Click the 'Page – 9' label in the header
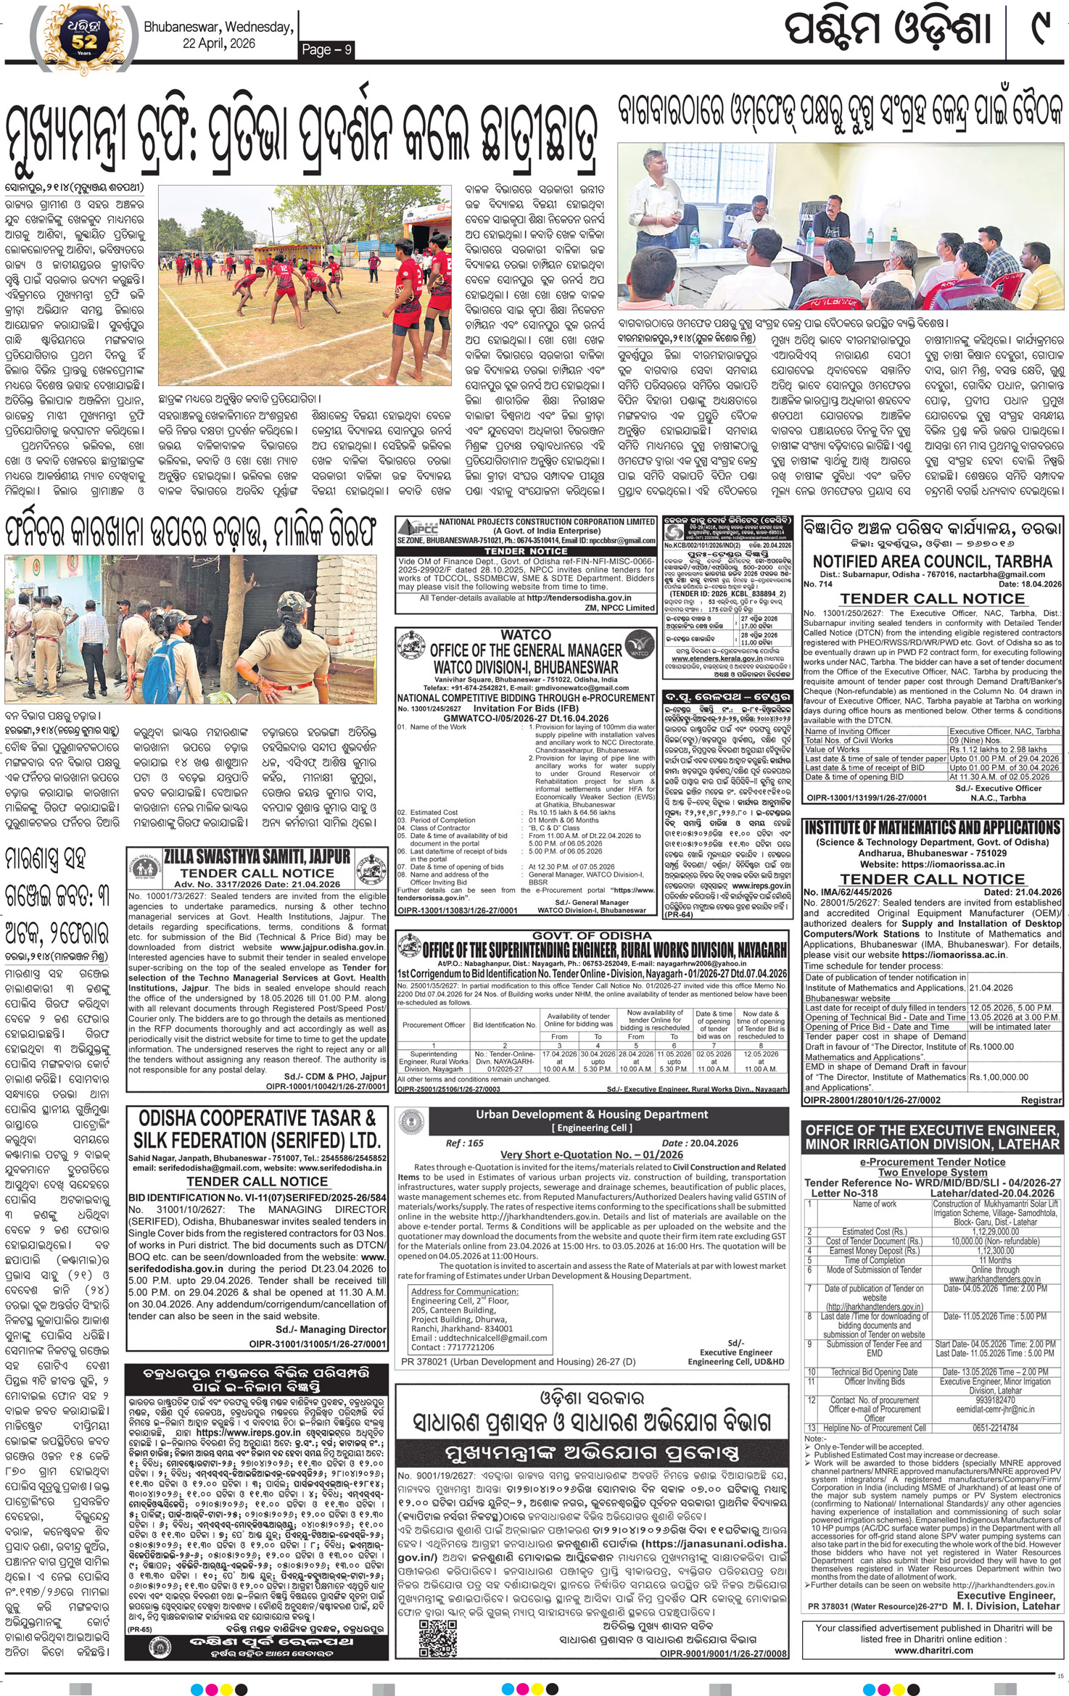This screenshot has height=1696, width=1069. coord(326,49)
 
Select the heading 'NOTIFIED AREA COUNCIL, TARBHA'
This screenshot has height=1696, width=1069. coord(932,561)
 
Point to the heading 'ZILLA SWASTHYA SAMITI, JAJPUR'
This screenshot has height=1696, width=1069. coord(257,856)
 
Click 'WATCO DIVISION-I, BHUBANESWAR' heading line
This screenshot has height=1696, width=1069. coord(526,666)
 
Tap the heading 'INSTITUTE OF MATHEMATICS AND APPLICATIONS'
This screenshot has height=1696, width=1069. coord(932,828)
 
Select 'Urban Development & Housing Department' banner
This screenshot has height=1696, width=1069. coord(592,1114)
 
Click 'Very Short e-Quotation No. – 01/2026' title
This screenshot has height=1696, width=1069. coord(591,1154)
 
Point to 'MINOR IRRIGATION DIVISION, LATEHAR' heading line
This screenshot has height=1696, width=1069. coord(932,1144)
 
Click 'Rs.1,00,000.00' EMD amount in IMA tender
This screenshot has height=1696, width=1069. coord(999,1077)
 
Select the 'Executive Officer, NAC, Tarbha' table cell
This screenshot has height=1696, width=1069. coord(1004,731)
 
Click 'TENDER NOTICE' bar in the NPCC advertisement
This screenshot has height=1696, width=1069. coord(526,551)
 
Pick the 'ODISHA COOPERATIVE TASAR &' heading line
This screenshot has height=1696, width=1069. coord(257,1117)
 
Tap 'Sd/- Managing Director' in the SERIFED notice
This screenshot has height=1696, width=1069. coord(331,1329)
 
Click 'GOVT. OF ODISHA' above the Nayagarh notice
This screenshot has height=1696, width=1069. coord(592,936)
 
